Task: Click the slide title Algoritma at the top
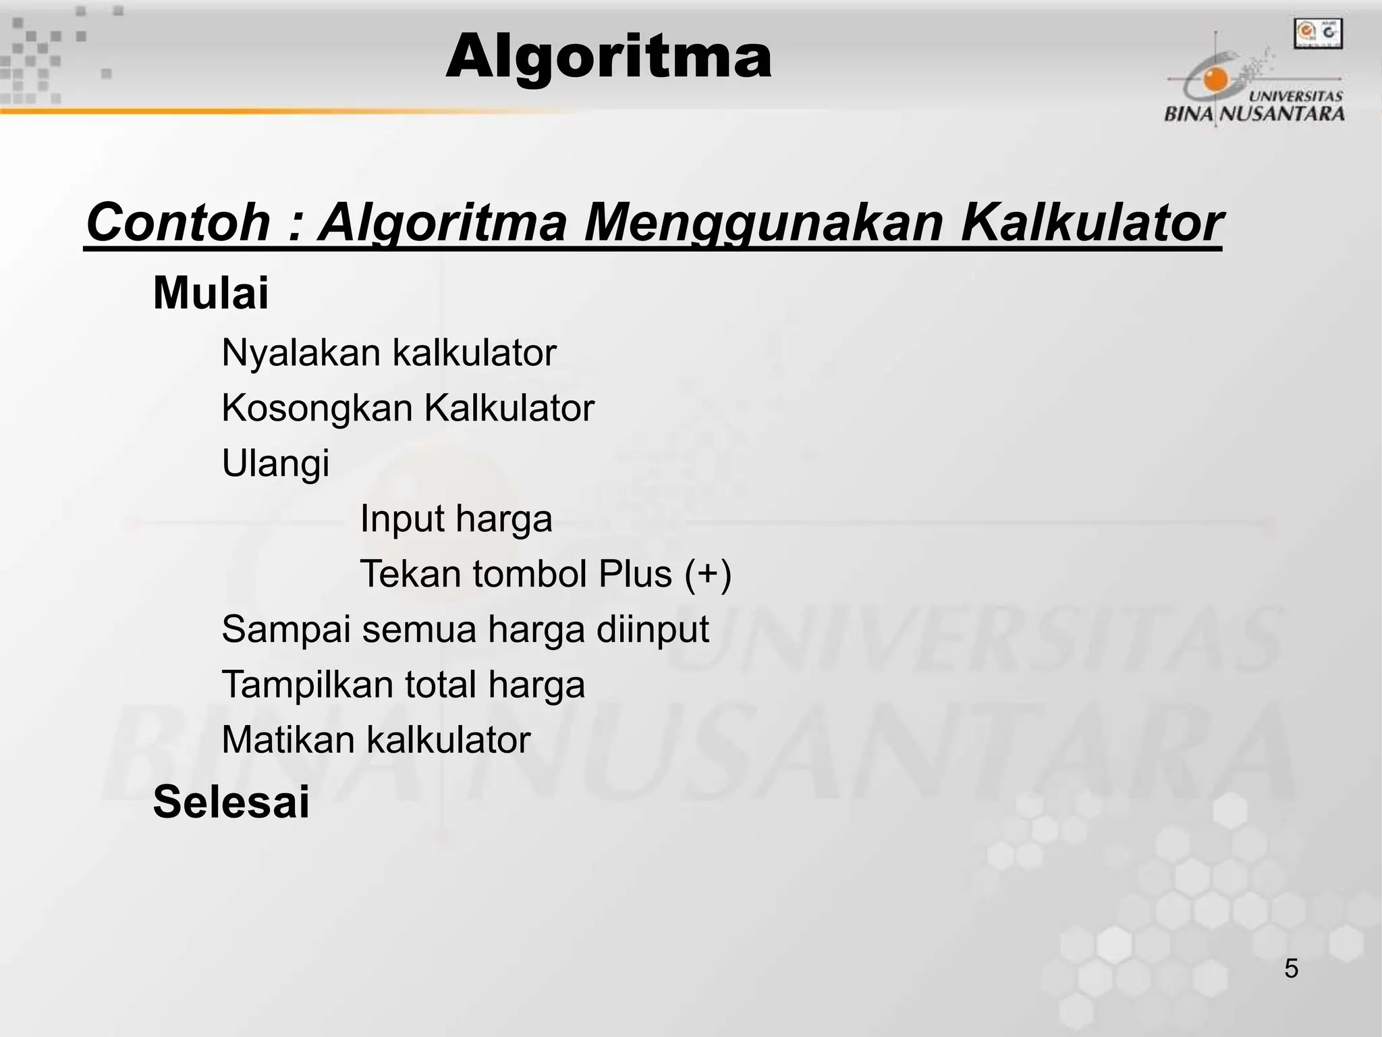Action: [x=608, y=58]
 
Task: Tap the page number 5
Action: [x=1291, y=969]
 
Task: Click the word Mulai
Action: [x=211, y=293]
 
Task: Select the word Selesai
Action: [x=231, y=802]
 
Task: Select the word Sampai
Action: [x=286, y=630]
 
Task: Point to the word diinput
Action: [x=653, y=630]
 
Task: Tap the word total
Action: [x=440, y=685]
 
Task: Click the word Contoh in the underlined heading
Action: [x=178, y=222]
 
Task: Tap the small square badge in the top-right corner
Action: [x=1317, y=33]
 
